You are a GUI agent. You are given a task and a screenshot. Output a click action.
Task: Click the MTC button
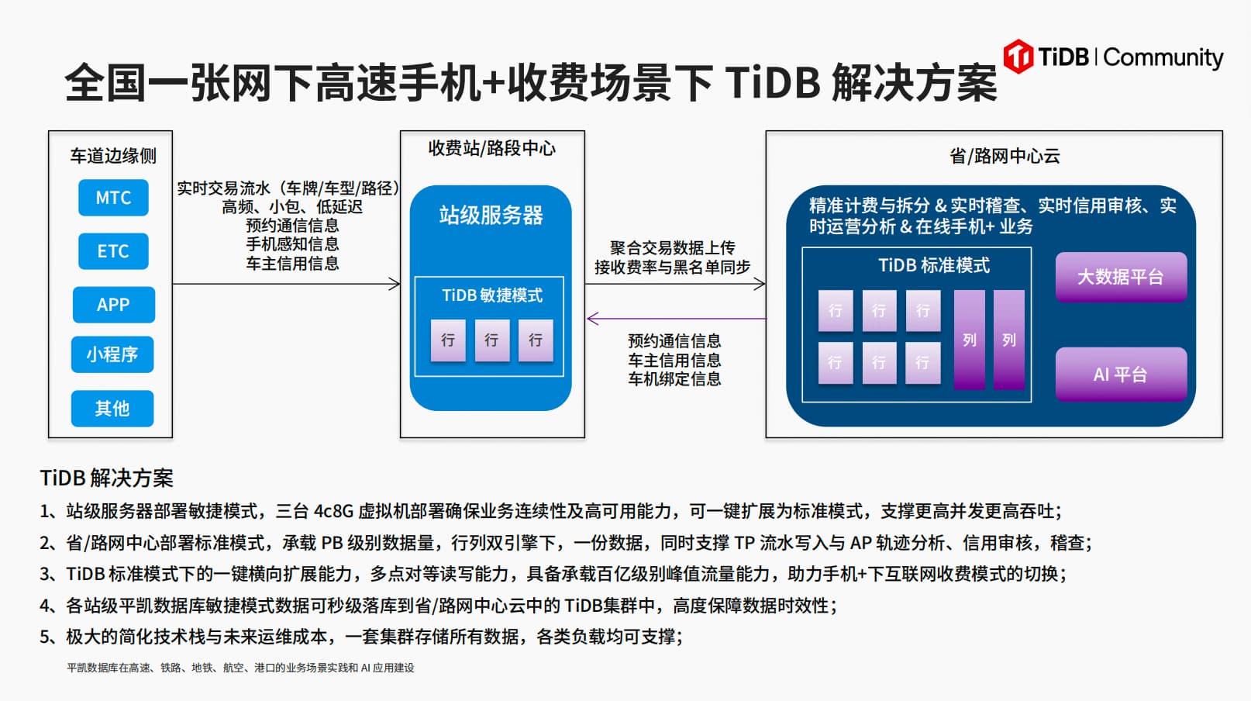113,197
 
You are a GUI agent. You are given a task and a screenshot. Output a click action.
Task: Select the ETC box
113,250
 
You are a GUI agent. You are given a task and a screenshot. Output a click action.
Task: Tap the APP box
113,305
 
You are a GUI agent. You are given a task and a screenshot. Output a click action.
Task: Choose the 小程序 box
112,354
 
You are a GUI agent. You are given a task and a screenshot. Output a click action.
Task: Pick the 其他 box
112,409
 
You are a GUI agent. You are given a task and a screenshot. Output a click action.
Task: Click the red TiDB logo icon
1018,56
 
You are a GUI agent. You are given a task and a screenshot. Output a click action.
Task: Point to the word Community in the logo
1163,58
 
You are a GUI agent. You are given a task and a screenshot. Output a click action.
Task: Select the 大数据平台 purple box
1121,277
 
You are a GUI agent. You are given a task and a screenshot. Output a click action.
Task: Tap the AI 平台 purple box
1121,375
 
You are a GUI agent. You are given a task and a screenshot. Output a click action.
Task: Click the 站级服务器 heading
491,215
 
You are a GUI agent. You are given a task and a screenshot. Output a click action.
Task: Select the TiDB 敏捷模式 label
492,295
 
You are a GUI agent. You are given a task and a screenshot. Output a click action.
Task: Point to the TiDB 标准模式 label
934,265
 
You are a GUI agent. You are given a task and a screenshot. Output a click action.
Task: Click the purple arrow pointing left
677,319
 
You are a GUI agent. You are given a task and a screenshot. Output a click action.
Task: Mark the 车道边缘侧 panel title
113,156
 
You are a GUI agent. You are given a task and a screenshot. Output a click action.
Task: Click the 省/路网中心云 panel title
1005,156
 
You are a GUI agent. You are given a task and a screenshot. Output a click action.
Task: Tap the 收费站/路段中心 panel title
492,148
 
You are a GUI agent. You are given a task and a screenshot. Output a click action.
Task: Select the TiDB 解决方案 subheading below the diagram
107,478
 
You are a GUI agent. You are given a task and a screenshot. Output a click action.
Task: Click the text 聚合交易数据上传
673,247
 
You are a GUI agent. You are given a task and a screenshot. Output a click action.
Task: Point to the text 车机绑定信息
674,378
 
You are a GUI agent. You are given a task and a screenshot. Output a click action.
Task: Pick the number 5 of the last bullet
45,637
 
